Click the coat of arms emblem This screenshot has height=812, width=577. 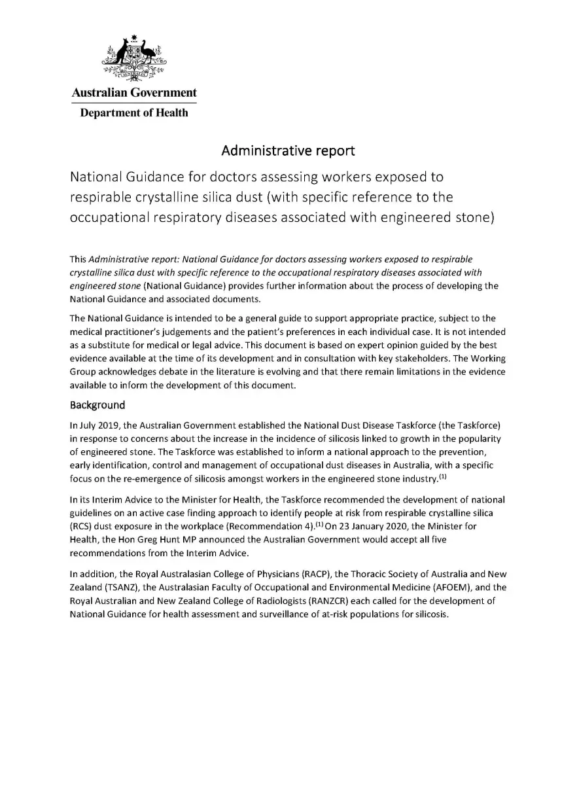click(x=134, y=58)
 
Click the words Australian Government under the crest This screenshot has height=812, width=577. click(x=134, y=93)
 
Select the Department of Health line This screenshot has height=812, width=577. click(x=134, y=113)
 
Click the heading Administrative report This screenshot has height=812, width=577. click(x=288, y=150)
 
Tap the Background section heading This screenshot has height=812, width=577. click(x=97, y=404)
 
